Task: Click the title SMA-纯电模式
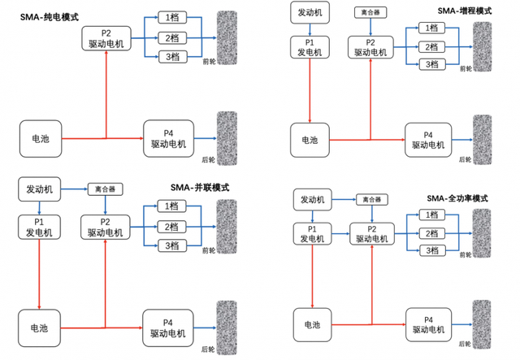[x=50, y=15]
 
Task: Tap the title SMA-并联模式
[x=200, y=187]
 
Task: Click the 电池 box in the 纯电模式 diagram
[x=41, y=139]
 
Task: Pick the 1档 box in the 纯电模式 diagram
[x=171, y=17]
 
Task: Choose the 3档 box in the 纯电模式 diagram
[x=171, y=56]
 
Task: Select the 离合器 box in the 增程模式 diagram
[x=370, y=12]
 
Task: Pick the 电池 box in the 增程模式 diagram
[x=310, y=139]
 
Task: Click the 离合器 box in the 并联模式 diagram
[x=105, y=189]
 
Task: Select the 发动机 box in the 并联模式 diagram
[x=40, y=189]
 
